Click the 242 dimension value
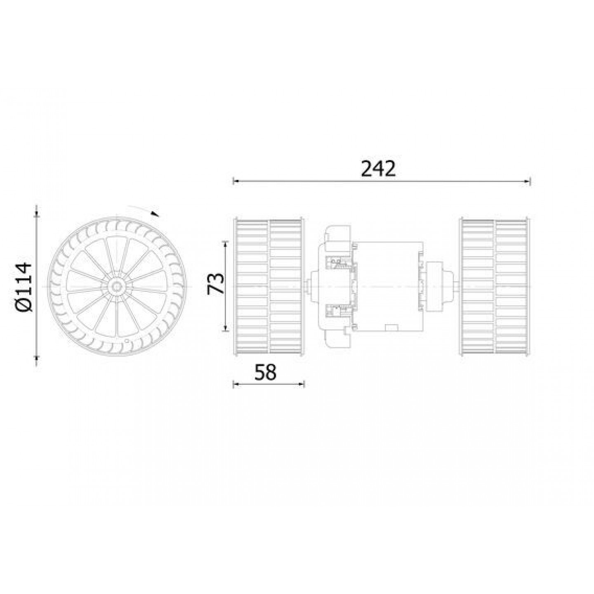378,169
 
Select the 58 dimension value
265,372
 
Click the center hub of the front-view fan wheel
117,287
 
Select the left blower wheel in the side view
269,287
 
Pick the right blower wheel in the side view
495,287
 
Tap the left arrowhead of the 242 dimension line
236,181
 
